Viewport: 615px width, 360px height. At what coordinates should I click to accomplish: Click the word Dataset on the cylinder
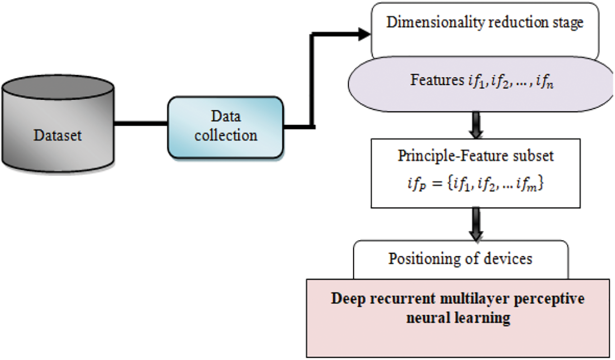click(x=58, y=135)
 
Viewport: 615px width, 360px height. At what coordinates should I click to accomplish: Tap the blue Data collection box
click(x=225, y=127)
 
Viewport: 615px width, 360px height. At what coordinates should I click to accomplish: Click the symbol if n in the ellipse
click(x=545, y=81)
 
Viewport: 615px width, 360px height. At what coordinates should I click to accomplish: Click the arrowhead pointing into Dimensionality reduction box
click(x=365, y=34)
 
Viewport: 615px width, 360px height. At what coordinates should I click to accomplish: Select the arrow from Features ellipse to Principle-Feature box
click(x=476, y=125)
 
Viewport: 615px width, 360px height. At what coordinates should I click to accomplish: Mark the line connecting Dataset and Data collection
click(x=141, y=123)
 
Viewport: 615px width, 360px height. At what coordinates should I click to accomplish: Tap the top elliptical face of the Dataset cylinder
click(x=58, y=87)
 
